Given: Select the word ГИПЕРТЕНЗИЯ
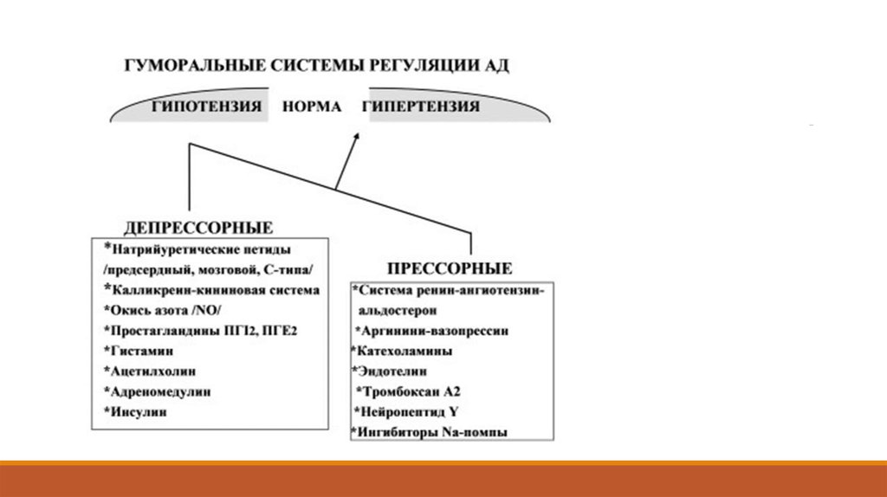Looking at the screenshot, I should [422, 107].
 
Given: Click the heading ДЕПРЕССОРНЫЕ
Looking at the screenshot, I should [198, 228].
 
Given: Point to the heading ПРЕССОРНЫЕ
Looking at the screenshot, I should [449, 268].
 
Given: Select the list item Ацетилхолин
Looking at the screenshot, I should [152, 371].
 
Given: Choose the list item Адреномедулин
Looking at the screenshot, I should [160, 392].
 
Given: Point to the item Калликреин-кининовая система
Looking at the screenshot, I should [212, 290].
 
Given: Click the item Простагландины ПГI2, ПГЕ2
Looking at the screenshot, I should [204, 331].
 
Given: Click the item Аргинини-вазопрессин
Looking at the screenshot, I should [431, 331].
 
